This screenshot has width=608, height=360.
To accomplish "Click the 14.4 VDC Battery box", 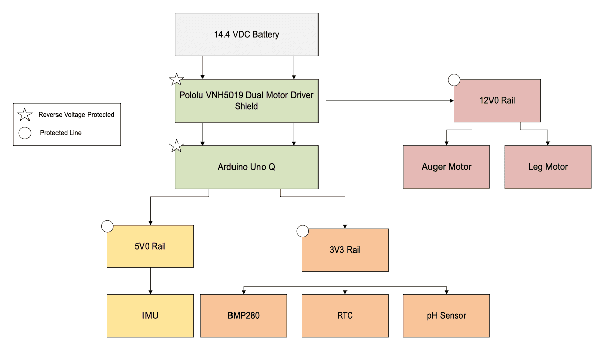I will click(246, 35).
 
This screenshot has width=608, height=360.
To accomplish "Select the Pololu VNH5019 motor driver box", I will click(246, 101).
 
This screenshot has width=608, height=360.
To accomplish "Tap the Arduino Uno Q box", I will click(246, 167).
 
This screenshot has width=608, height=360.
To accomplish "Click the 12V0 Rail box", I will click(497, 101).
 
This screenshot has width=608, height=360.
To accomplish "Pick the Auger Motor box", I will click(446, 167).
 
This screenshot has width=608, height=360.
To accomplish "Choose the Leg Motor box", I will click(547, 167).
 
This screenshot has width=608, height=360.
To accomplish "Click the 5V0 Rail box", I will click(150, 246).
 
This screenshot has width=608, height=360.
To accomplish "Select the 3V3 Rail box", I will click(345, 250).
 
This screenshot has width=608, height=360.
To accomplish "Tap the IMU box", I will click(150, 315).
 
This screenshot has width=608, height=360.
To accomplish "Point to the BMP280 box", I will click(243, 315).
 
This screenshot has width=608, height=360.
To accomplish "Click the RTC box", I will click(345, 315).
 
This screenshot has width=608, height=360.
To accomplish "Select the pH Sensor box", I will click(446, 315).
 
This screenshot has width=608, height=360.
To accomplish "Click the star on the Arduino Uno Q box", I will click(176, 146).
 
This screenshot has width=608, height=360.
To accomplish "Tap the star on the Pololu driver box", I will click(176, 79).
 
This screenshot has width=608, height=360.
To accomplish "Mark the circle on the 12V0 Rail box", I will click(454, 80).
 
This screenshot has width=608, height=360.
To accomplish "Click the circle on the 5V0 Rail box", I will click(107, 226).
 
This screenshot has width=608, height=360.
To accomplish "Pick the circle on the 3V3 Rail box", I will click(303, 231).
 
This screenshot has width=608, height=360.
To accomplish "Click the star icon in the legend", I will click(25, 114).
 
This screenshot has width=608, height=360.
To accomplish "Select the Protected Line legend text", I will click(61, 133).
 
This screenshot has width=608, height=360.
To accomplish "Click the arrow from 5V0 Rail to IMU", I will click(150, 281).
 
